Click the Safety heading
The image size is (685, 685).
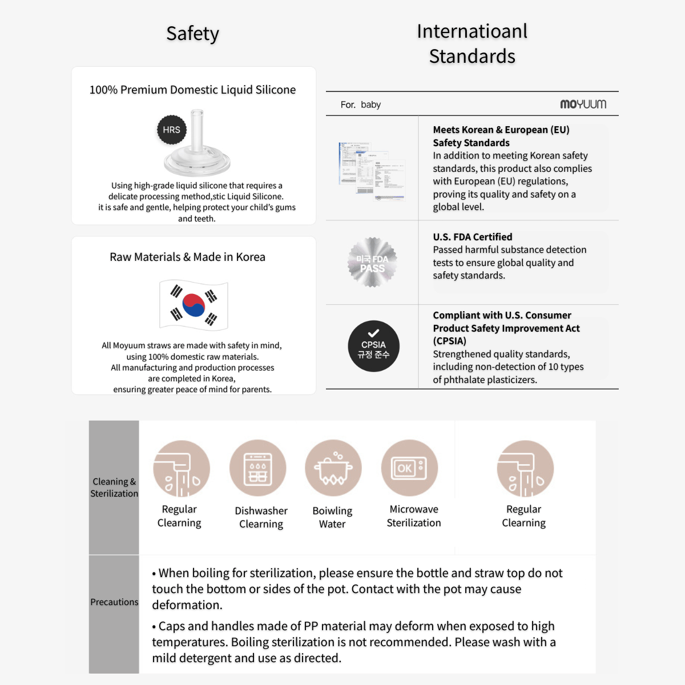click(x=192, y=34)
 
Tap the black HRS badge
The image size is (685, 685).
click(x=171, y=130)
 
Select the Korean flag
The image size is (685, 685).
click(x=194, y=305)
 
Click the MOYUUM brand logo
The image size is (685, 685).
click(x=583, y=104)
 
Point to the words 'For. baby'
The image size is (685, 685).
click(x=360, y=104)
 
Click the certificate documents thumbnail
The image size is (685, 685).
click(x=372, y=171)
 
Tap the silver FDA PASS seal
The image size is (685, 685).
click(x=372, y=263)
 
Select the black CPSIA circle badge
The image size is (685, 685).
click(x=373, y=346)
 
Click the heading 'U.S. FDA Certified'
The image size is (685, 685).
click(x=472, y=237)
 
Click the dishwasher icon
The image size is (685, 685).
click(x=258, y=468)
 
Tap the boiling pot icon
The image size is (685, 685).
click(x=333, y=468)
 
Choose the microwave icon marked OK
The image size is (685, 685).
click(x=409, y=468)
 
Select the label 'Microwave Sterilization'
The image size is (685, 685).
click(x=414, y=516)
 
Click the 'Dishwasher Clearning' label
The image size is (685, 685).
click(x=261, y=517)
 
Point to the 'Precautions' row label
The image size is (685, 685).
click(x=114, y=602)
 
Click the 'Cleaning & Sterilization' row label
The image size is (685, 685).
click(x=114, y=487)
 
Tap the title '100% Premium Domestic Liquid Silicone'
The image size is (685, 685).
click(x=192, y=90)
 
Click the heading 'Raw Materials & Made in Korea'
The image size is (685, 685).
click(x=187, y=257)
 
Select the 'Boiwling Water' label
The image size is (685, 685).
click(x=332, y=517)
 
